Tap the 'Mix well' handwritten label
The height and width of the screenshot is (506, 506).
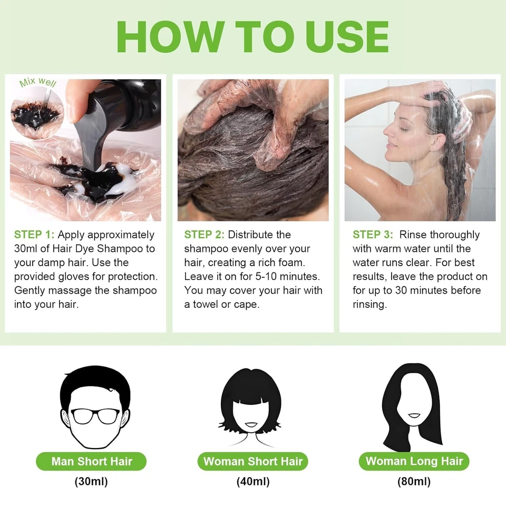(37, 82)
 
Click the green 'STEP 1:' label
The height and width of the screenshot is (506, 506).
(34, 235)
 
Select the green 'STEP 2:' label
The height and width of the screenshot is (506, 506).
(204, 235)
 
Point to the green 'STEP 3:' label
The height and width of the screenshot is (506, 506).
(373, 235)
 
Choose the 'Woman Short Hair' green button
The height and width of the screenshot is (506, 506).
(253, 462)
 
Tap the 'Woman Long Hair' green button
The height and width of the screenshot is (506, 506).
(414, 462)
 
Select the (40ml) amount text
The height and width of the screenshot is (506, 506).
(253, 481)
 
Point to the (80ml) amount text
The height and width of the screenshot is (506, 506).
(414, 481)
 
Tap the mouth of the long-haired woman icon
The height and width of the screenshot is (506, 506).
(414, 415)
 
